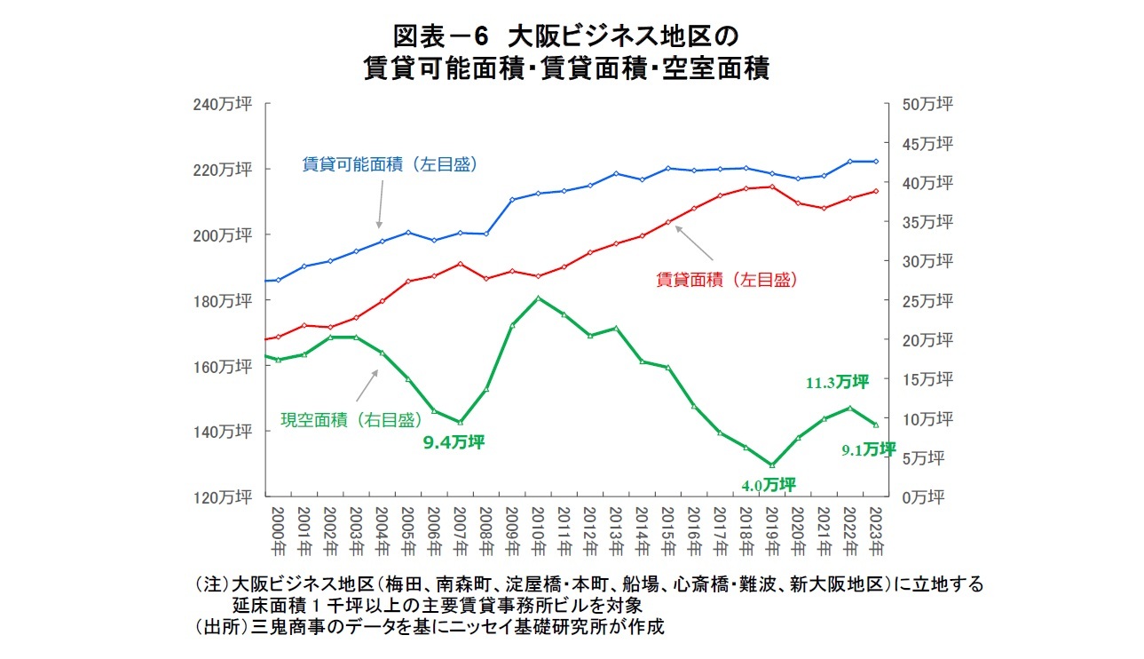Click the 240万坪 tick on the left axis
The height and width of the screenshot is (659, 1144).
click(223, 105)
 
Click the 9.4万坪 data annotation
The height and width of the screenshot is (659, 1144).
click(453, 441)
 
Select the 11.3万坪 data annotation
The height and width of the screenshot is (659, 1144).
click(836, 382)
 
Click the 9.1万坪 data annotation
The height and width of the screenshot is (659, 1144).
click(868, 449)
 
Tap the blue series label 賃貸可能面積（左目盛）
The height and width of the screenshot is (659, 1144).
click(390, 164)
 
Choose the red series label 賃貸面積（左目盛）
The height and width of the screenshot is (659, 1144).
click(726, 280)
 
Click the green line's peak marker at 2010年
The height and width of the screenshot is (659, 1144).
click(539, 298)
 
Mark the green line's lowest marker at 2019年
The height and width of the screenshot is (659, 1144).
click(772, 464)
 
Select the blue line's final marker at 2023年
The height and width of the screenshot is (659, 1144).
click(876, 162)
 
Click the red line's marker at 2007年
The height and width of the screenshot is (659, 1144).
click(460, 264)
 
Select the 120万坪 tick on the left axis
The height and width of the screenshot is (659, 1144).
click(223, 496)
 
